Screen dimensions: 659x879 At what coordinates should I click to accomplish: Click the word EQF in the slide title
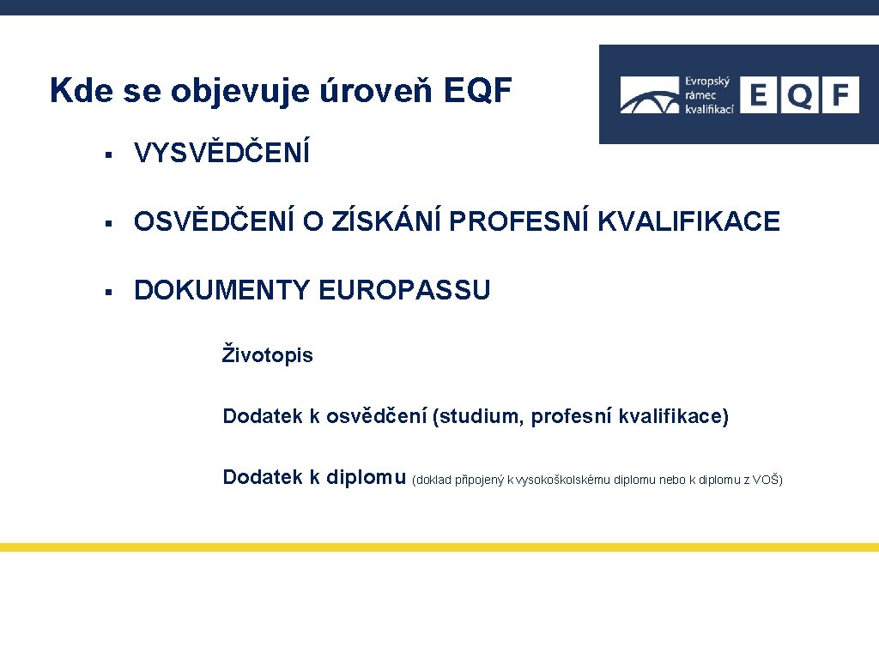pyautogui.click(x=478, y=90)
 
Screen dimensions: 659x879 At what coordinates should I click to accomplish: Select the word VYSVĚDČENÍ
pyautogui.click(x=221, y=154)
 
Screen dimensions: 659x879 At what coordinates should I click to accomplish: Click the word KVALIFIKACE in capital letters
pyautogui.click(x=688, y=222)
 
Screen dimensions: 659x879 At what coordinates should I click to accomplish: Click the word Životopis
pyautogui.click(x=268, y=355)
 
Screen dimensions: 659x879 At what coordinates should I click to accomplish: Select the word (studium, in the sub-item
pyautogui.click(x=479, y=417)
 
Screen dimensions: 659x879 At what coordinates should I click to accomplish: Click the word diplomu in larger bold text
pyautogui.click(x=367, y=477)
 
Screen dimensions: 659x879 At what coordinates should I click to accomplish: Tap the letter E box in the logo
pyautogui.click(x=758, y=94)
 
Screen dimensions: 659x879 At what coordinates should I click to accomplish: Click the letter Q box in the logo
pyautogui.click(x=799, y=94)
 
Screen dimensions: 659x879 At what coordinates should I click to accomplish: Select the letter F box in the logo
pyautogui.click(x=840, y=94)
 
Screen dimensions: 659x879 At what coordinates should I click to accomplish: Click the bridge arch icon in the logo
pyautogui.click(x=650, y=97)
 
